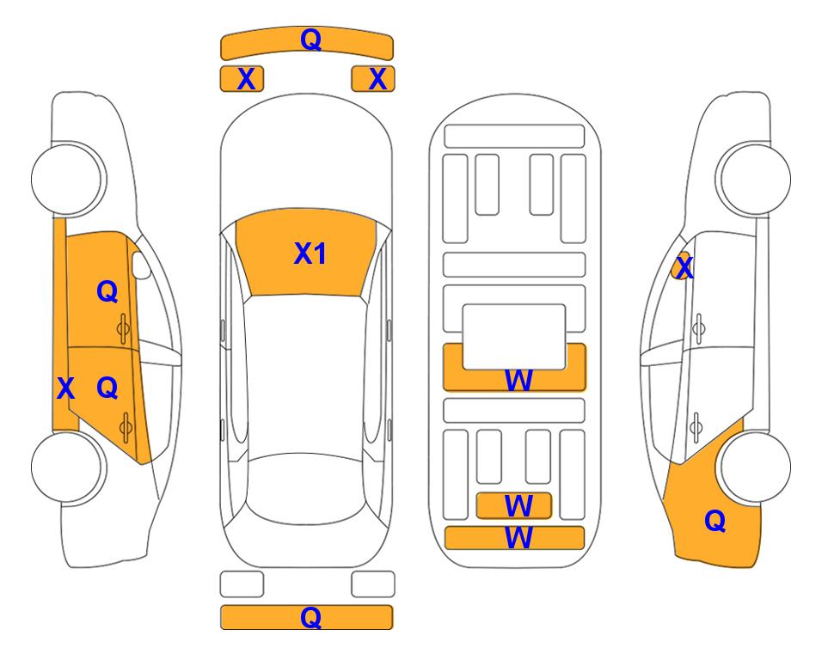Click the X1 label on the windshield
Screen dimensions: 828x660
point(310,254)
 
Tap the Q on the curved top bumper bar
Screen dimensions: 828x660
point(311,40)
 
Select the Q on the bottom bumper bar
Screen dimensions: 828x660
point(311,617)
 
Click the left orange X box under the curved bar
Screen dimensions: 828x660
point(242,79)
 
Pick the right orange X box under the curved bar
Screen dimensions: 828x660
point(373,79)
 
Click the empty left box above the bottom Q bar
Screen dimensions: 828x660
point(242,584)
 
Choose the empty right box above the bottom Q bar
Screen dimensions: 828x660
point(373,584)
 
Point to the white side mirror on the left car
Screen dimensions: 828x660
point(141,265)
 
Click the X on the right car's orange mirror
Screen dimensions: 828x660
point(684,268)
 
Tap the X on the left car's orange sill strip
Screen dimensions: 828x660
point(65,388)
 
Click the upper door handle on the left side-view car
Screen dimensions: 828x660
point(123,329)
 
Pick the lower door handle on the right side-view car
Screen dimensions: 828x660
point(696,427)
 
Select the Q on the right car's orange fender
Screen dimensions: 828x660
point(715,521)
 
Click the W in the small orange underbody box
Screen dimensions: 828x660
point(518,506)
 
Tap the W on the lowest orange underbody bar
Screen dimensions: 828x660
point(518,538)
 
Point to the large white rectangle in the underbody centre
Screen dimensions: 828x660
point(514,337)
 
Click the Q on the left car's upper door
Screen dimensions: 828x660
point(107,291)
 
